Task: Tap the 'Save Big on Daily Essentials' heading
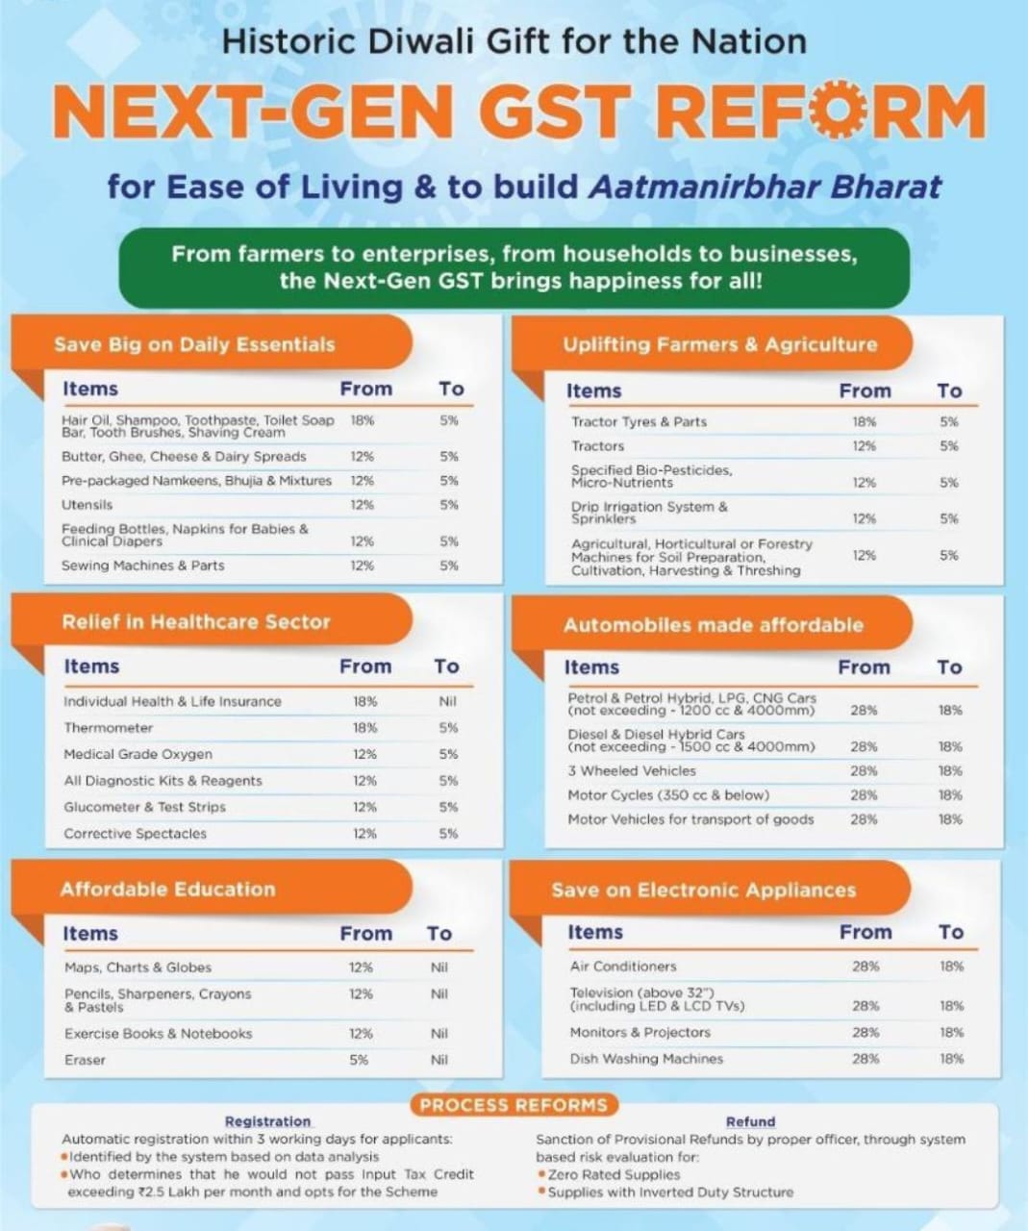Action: tap(194, 344)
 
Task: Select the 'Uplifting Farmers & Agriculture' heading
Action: tap(720, 344)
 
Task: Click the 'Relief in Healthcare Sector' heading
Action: tap(196, 622)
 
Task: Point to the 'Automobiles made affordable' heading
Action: tap(714, 625)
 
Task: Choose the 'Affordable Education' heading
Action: tap(167, 889)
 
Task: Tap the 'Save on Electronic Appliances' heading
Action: tap(703, 890)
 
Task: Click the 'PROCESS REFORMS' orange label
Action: tap(514, 1105)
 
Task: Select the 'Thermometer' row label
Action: tap(109, 728)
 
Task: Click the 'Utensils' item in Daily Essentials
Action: tap(88, 505)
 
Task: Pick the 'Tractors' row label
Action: tap(598, 446)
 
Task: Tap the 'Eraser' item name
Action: tap(86, 1060)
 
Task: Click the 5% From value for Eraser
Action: tap(360, 1060)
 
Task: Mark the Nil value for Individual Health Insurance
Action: tap(447, 702)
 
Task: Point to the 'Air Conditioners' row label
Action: tap(623, 967)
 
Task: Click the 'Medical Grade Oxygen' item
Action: tap(138, 755)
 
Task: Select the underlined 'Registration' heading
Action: tap(268, 1121)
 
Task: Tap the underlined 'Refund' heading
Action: tap(750, 1121)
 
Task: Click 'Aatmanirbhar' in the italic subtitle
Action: tap(702, 186)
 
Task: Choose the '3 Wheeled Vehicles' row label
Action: tap(632, 771)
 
